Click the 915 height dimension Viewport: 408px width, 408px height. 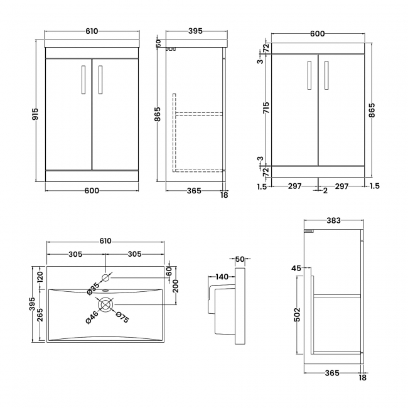tap(35, 114)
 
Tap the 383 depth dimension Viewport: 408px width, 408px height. tap(333, 220)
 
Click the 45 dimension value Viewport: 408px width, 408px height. tap(296, 269)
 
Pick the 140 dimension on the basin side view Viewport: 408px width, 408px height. tap(221, 277)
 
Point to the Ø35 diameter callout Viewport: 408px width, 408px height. tap(92, 287)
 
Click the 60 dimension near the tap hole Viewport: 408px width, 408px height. tap(168, 271)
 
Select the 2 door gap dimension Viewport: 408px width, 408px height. tap(325, 191)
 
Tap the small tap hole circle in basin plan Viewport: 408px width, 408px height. tap(105, 276)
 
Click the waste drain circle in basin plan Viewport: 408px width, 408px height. tap(105, 305)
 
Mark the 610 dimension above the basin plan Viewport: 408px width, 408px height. tap(105, 241)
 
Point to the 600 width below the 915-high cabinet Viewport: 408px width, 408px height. tap(92, 192)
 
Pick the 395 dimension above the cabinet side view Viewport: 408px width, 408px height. tap(196, 31)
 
